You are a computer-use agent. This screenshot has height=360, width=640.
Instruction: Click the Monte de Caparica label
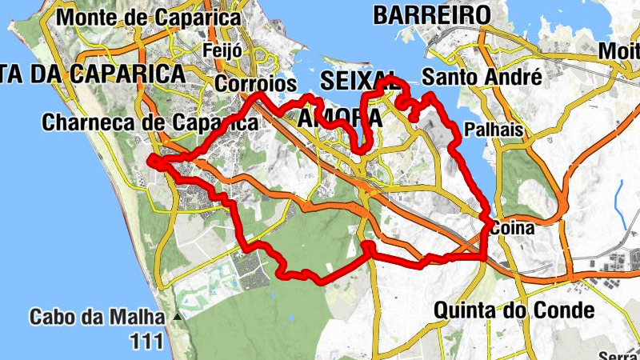pyautogui.click(x=150, y=17)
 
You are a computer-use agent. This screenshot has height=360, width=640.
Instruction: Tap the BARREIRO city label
pyautogui.click(x=431, y=14)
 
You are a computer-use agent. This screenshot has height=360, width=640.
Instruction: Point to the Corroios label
pyautogui.click(x=256, y=83)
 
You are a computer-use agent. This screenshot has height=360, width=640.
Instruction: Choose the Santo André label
pyautogui.click(x=482, y=78)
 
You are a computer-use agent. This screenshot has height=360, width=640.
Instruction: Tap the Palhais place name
pyautogui.click(x=494, y=130)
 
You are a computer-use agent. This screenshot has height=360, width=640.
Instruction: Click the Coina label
pyautogui.click(x=513, y=229)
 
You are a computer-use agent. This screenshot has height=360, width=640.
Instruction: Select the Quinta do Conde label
pyautogui.click(x=514, y=310)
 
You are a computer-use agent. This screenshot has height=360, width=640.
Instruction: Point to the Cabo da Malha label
pyautogui.click(x=97, y=317)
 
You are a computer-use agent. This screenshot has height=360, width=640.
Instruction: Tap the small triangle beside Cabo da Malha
pyautogui.click(x=177, y=318)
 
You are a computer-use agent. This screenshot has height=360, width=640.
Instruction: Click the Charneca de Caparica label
pyautogui.click(x=150, y=122)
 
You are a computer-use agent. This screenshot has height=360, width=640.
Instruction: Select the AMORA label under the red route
pyautogui.click(x=339, y=118)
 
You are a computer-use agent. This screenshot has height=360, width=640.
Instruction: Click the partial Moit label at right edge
pyautogui.click(x=620, y=51)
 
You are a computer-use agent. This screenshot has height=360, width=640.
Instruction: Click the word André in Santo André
pyautogui.click(x=516, y=78)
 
